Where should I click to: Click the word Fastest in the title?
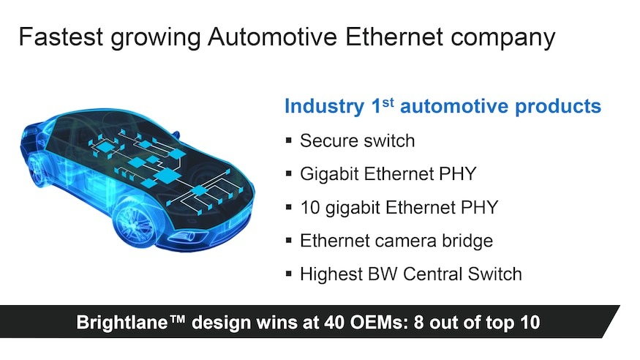(61, 37)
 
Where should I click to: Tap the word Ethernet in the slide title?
(394, 37)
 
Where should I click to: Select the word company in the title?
(503, 39)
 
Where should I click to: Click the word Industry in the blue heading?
(325, 106)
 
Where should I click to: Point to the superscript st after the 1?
(388, 102)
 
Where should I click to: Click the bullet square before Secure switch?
(289, 140)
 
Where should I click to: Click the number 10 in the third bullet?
(310, 207)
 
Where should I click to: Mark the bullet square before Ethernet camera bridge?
(289, 241)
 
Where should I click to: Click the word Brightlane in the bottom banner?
(122, 323)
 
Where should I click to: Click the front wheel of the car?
(135, 222)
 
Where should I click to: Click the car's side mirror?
(176, 135)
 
